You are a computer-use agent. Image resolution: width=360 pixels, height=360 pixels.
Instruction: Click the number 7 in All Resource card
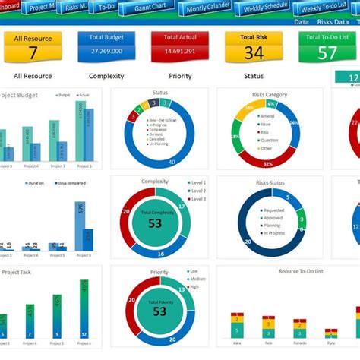point(33,52)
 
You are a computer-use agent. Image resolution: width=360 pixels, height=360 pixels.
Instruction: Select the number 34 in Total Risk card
point(254,52)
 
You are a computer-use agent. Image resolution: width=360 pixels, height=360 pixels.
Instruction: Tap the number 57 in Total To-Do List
point(327,52)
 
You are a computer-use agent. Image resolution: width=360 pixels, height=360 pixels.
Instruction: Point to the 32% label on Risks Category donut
point(267,163)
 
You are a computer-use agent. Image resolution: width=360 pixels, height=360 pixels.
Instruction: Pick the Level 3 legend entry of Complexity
point(197,198)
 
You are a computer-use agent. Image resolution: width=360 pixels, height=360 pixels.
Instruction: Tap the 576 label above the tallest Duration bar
point(80,194)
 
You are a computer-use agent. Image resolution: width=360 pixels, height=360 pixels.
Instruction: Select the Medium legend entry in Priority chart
point(197,279)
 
